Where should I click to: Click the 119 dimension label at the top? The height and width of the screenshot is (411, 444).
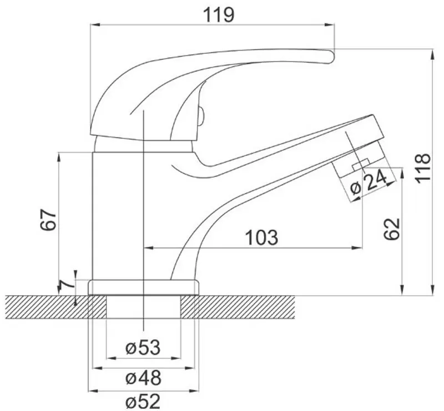click(x=218, y=14)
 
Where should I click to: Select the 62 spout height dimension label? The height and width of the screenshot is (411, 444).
click(x=392, y=229)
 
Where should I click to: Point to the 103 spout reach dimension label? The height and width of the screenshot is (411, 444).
click(x=261, y=237)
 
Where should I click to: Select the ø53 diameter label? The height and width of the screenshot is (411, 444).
click(x=143, y=348)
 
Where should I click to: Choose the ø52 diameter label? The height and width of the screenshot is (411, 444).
click(x=143, y=400)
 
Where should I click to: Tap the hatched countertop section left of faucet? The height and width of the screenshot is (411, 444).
click(x=44, y=306)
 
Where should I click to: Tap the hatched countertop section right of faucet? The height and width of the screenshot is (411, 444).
click(x=244, y=306)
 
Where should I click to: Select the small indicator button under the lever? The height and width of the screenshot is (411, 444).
click(x=201, y=116)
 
